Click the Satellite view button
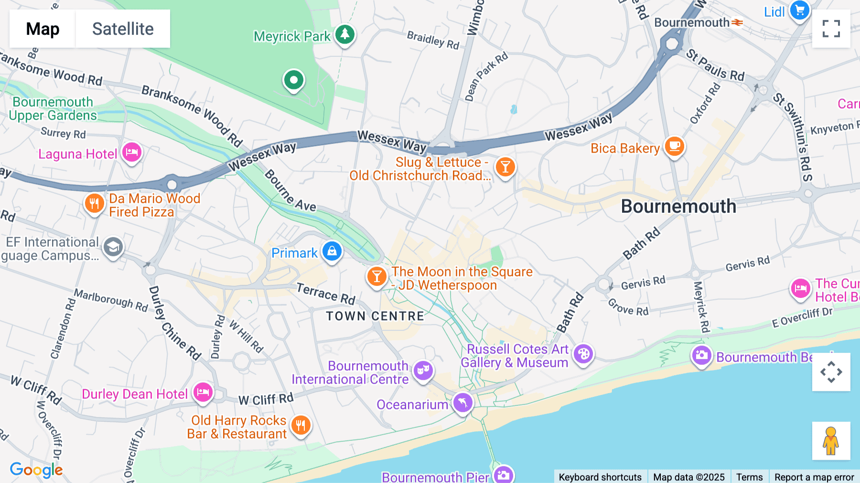point(123,29)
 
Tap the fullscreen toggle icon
point(831,29)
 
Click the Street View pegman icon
point(831,441)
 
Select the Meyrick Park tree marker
point(344,34)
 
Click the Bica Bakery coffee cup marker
point(674,146)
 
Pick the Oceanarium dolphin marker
point(462,403)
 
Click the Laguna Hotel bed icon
point(132,153)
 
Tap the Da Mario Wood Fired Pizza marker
point(94,203)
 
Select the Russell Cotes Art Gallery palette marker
point(583,354)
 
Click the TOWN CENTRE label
point(375,316)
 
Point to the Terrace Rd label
point(326,294)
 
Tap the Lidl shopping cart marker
point(799,10)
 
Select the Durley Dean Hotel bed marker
point(203,393)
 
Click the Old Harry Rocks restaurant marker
point(301,425)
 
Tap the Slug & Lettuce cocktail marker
point(505,167)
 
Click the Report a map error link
point(814,477)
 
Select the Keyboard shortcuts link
point(600,477)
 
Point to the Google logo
point(36,470)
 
